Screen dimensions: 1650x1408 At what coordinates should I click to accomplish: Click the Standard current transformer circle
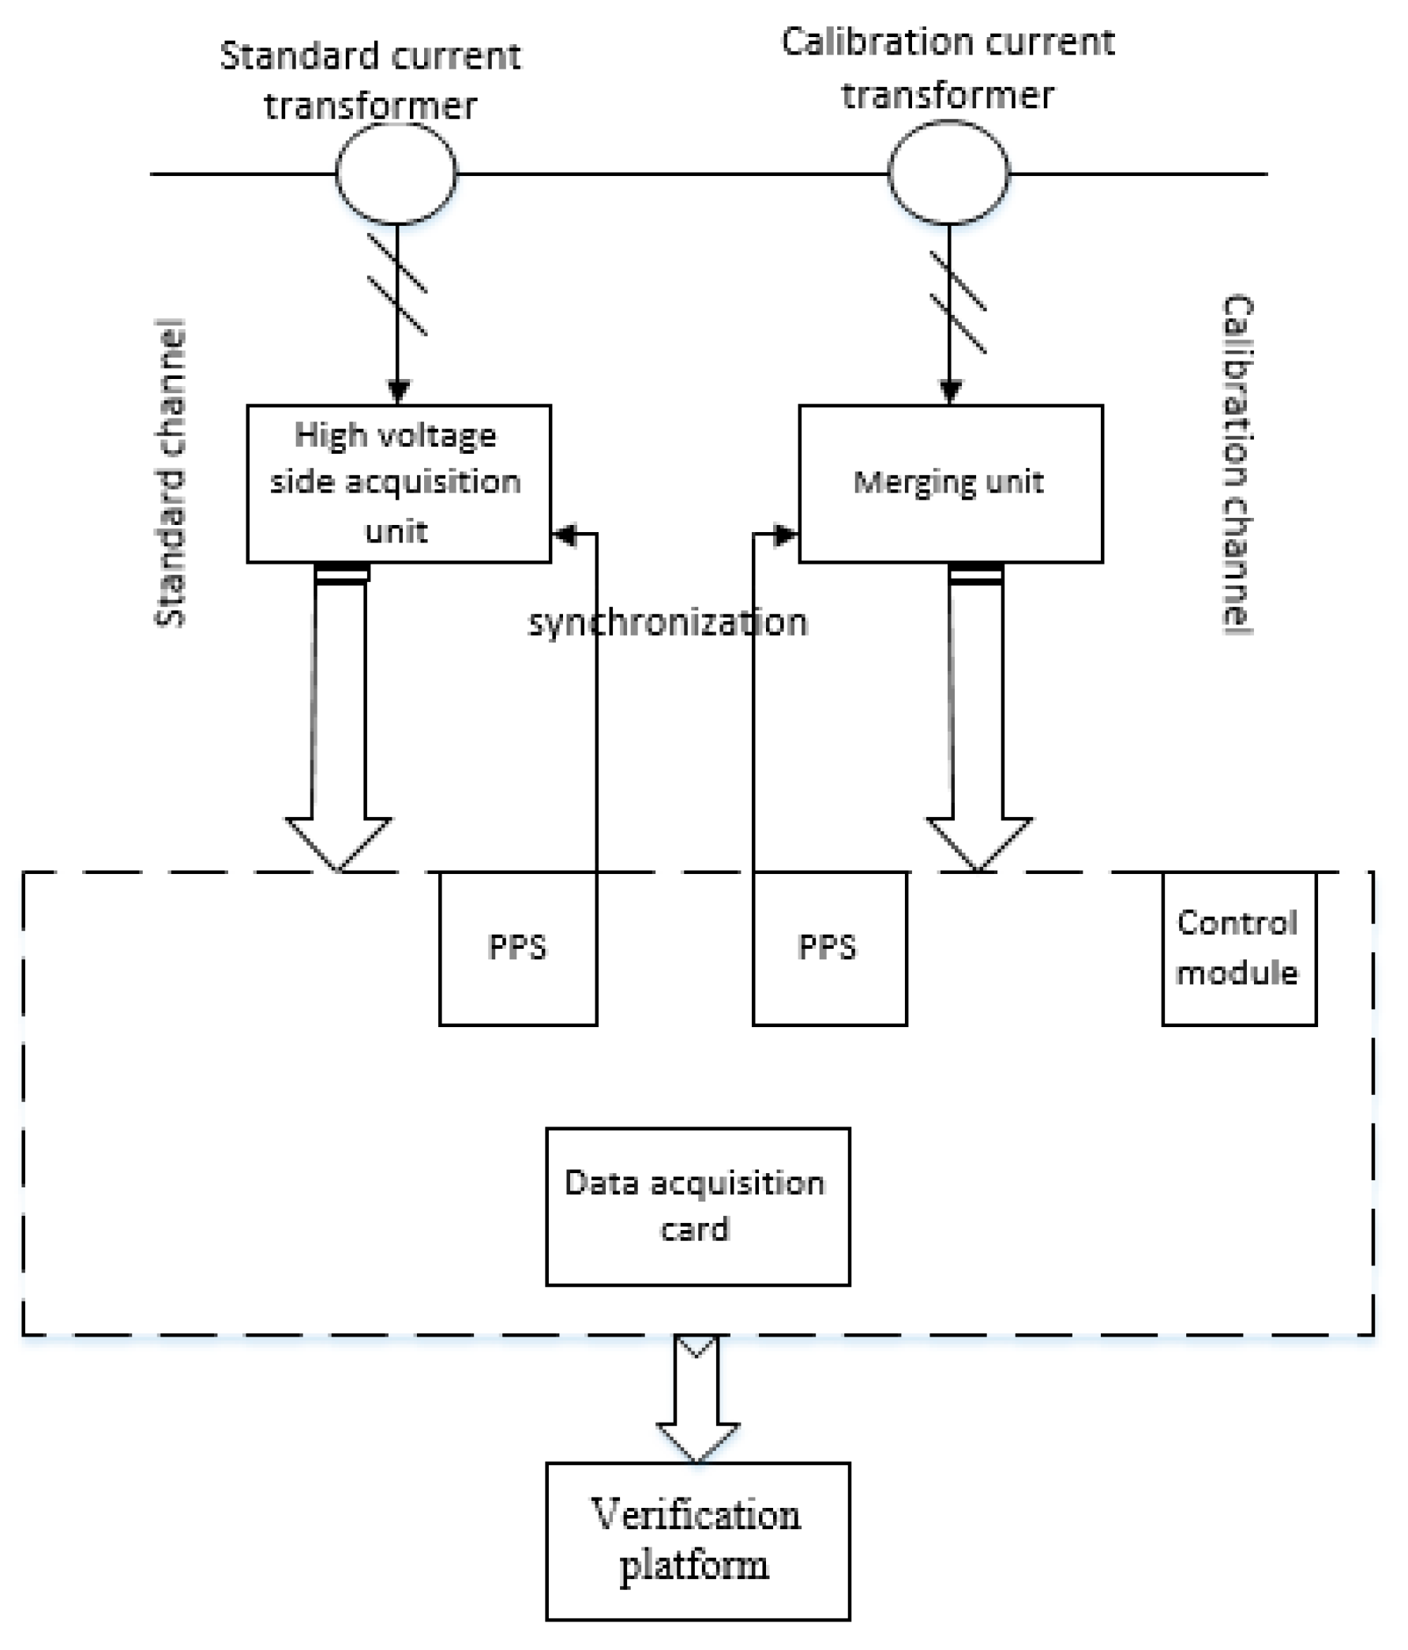pos(396,173)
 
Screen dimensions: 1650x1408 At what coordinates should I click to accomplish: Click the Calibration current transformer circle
pos(948,172)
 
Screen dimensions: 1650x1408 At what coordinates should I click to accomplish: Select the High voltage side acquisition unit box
pos(398,483)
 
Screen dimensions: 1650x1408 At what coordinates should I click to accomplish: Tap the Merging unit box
pos(950,483)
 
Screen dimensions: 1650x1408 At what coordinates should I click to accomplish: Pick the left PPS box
pos(518,947)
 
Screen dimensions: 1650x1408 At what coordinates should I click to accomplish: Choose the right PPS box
pos(829,947)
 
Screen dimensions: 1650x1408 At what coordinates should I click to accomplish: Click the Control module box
pos(1238,947)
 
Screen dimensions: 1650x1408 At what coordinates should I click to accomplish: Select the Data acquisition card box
pos(697,1206)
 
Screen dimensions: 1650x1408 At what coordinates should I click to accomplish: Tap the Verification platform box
pos(697,1540)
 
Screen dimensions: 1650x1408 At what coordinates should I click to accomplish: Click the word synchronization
pos(667,623)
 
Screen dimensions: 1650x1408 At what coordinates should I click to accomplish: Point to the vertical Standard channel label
pos(170,474)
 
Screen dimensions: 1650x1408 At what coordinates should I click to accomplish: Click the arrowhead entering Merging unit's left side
pos(786,534)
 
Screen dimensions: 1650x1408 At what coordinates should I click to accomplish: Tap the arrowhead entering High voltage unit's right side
pos(565,534)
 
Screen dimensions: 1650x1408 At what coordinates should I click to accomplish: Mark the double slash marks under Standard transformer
pos(397,285)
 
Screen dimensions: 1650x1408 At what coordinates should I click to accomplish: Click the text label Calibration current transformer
pos(948,69)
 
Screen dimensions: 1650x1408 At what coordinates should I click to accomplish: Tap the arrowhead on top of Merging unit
pos(950,392)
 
